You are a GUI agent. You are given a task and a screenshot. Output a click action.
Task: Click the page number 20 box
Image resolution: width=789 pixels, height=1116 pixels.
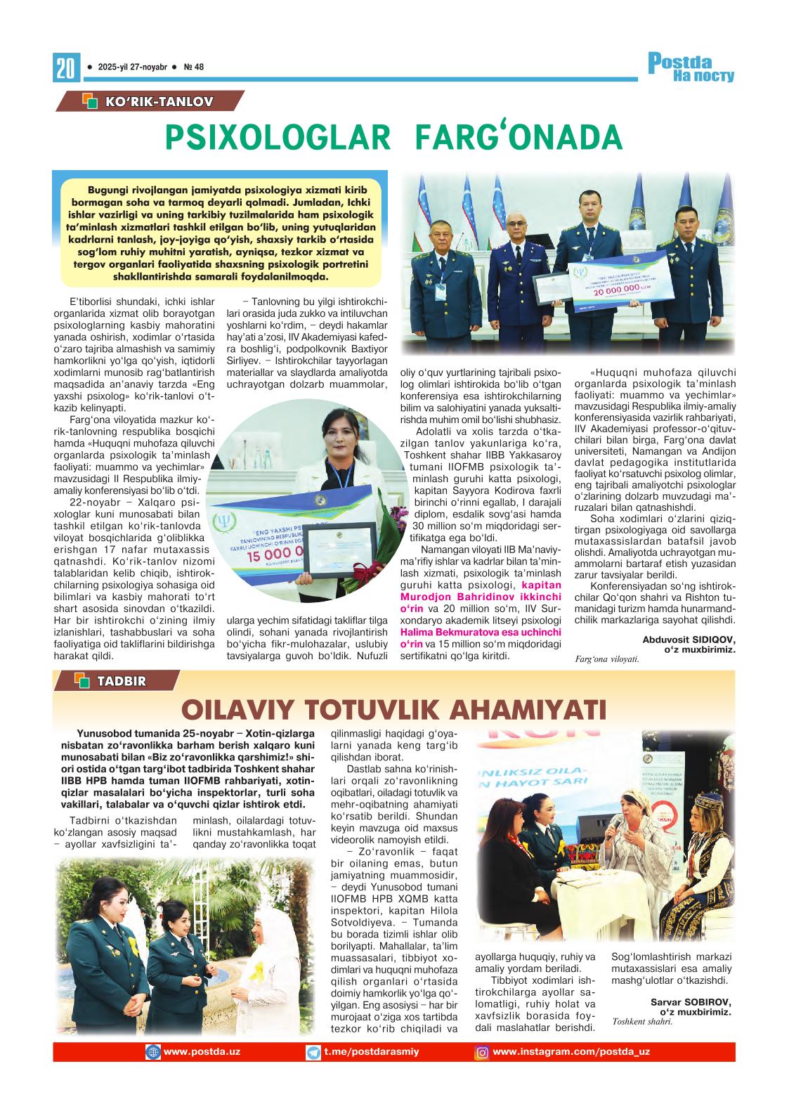65,68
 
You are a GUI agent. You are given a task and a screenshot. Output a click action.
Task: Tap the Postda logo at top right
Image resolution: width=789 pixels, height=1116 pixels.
691,67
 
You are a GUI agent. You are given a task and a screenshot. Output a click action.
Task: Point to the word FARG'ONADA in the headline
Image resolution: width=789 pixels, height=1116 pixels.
519,138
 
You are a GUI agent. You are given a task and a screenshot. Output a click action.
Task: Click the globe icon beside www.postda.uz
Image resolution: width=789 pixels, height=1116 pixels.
152,1052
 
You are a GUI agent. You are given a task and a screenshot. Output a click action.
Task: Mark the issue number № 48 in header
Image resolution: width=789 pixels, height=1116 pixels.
193,67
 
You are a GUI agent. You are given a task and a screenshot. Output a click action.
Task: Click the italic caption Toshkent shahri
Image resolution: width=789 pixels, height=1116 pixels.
642,1022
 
